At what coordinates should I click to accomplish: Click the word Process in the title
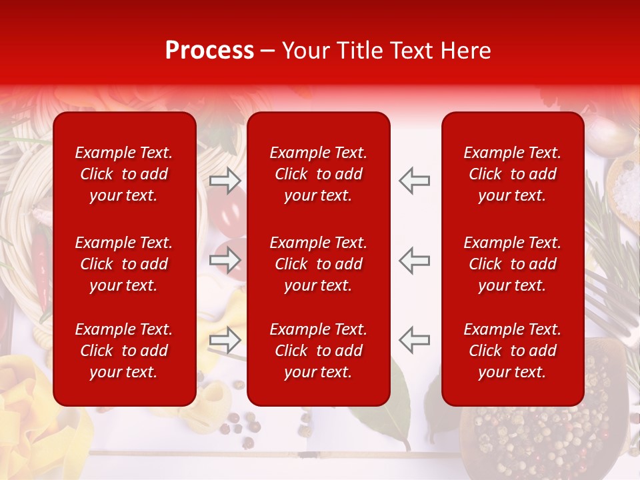[x=209, y=51]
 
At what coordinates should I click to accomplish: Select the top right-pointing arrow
[x=225, y=180]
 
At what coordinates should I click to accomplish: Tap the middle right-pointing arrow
[x=225, y=260]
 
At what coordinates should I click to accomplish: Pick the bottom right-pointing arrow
[x=225, y=340]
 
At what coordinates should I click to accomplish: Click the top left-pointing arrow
[x=414, y=180]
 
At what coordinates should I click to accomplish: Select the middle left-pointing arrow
[x=414, y=260]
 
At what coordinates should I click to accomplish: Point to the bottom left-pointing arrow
[x=414, y=340]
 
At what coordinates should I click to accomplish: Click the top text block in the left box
[x=124, y=174]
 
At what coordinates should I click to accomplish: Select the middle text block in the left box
[x=124, y=264]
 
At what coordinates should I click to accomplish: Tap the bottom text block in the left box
[x=124, y=351]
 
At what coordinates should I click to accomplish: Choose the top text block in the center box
[x=318, y=174]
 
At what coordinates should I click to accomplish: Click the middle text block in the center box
[x=318, y=264]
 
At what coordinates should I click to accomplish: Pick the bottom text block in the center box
[x=318, y=351]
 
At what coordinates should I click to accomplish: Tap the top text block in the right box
[x=512, y=174]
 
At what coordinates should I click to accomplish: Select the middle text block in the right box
[x=512, y=264]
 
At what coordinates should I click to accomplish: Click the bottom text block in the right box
[x=512, y=351]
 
